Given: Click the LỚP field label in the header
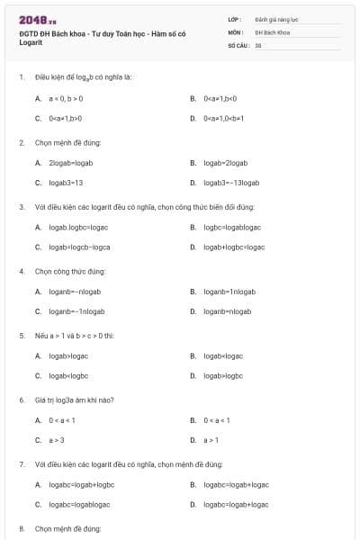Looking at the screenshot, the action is pyautogui.click(x=235, y=18).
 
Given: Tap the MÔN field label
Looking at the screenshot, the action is pyautogui.click(x=235, y=31).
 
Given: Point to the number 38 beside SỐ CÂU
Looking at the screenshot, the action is pyautogui.click(x=258, y=45).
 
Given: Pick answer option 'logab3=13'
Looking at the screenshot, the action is pyautogui.click(x=66, y=183).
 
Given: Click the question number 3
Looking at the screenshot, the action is pyautogui.click(x=21, y=206).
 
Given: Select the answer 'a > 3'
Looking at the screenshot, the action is pyautogui.click(x=57, y=440).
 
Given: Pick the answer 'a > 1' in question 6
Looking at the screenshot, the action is pyautogui.click(x=211, y=440).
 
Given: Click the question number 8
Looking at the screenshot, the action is pyautogui.click(x=21, y=528).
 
